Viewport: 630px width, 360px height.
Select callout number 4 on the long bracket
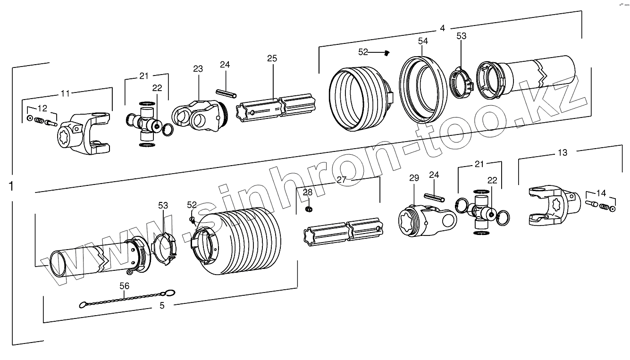coord(442,28)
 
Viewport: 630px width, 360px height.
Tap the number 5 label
coord(162,305)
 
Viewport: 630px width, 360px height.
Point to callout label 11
coord(65,93)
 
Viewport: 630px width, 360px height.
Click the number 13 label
coord(563,152)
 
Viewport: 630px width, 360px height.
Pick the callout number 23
coord(197,69)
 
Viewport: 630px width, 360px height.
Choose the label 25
coord(272,59)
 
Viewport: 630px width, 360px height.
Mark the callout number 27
coord(342,179)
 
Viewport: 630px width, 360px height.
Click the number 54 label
coord(423,42)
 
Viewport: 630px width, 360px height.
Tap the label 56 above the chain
coord(124,286)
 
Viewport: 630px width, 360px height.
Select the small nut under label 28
coord(309,208)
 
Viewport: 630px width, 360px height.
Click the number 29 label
coord(414,178)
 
